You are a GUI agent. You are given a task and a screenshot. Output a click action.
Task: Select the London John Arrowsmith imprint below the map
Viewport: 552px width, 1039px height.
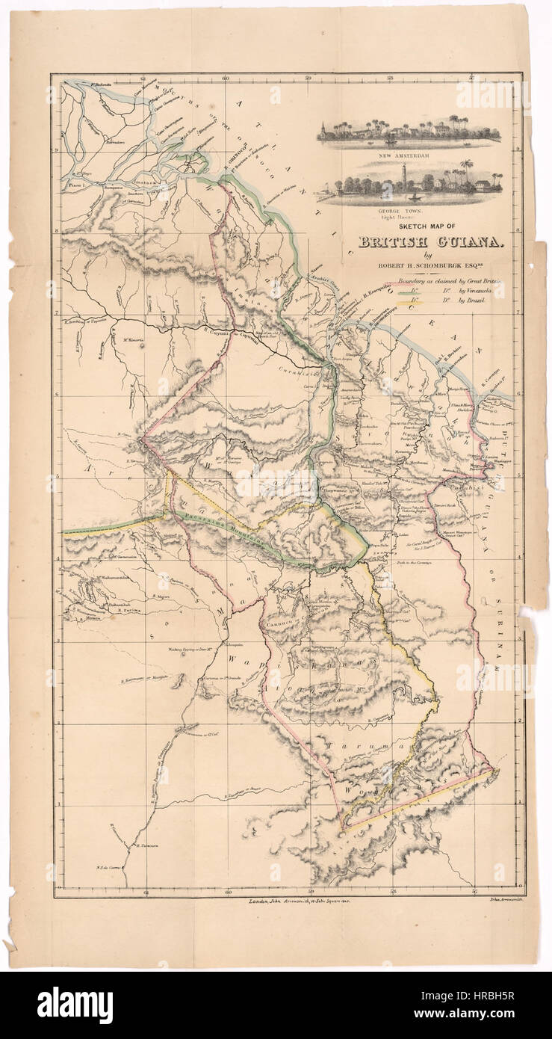point(299,902)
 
